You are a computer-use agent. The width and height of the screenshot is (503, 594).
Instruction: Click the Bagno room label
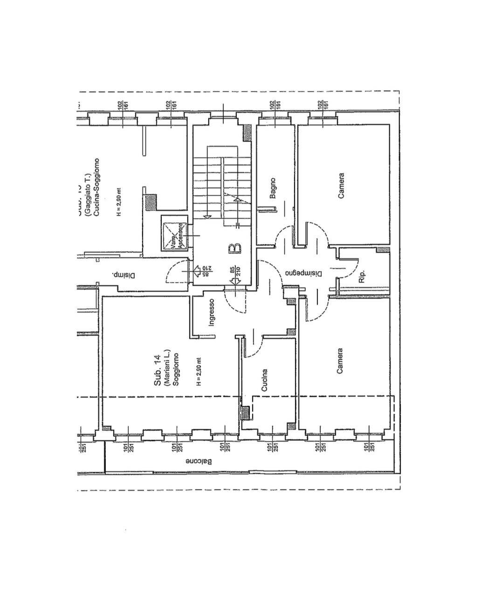coord(273,187)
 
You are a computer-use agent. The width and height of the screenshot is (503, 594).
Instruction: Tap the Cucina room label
coord(264,380)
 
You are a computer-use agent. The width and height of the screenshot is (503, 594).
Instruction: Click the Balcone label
coord(199,462)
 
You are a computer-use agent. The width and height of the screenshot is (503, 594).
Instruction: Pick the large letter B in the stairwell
coord(235,249)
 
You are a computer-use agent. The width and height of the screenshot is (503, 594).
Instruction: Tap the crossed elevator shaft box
coord(174,234)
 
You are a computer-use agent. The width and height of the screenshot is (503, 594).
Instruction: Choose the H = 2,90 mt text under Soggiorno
coord(199,372)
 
